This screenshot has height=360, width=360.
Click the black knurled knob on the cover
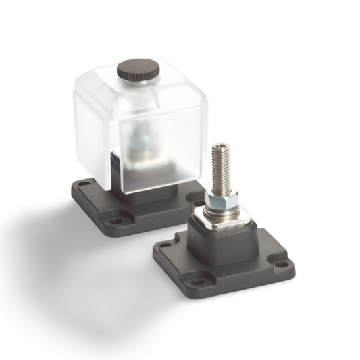pyautogui.click(x=138, y=69)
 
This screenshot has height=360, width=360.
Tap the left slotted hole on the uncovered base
pyautogui.click(x=164, y=248)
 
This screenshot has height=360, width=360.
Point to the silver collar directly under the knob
pyautogui.click(x=138, y=82)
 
